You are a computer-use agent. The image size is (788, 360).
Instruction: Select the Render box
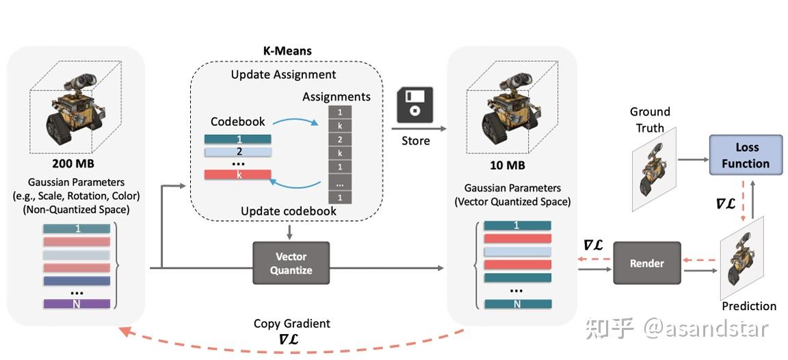point(646,263)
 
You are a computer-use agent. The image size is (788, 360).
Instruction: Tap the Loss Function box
point(745,156)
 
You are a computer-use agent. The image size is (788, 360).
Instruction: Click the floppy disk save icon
point(415,106)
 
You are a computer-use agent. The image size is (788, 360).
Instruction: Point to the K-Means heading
point(287,51)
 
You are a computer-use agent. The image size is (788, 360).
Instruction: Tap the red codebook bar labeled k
point(237,175)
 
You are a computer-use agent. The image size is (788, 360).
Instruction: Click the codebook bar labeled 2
point(237,151)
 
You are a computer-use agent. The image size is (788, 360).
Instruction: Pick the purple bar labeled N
point(76,303)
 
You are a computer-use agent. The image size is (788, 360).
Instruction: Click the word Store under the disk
point(415,140)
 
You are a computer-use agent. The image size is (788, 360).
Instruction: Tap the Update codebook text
point(288,211)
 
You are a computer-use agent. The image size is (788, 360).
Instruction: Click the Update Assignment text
point(283,74)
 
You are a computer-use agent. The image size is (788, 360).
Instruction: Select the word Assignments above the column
point(337,97)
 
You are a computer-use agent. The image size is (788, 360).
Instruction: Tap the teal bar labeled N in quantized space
point(517,304)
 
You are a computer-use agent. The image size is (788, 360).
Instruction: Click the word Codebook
point(237,121)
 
